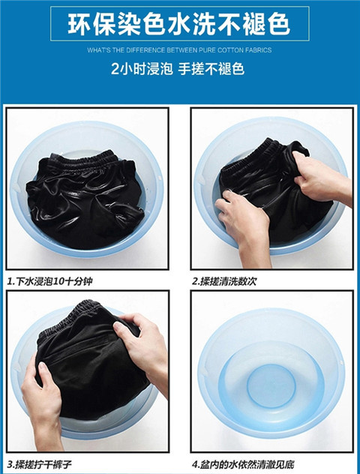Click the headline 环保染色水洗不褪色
coord(179,24)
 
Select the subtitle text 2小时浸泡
coord(142,69)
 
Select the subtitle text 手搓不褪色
coord(211,69)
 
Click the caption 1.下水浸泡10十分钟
coord(49,281)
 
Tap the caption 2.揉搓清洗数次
coord(224,281)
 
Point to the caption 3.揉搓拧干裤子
coord(40,464)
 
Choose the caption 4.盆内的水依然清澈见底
coord(243,464)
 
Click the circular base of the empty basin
coord(271,385)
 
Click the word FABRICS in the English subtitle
coord(259,50)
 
